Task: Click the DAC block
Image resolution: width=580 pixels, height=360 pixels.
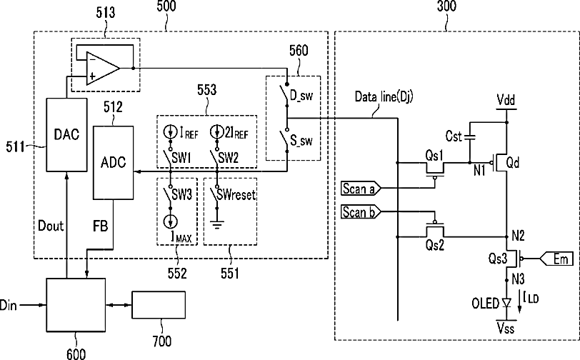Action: click(x=66, y=135)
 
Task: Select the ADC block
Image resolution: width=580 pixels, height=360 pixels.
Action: click(x=113, y=163)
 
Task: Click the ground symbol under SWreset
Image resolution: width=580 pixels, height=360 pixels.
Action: click(x=217, y=224)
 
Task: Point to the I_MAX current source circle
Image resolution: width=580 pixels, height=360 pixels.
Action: click(x=171, y=221)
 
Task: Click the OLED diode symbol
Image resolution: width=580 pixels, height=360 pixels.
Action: click(x=506, y=304)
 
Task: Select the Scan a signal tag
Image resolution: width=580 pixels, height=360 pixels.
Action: click(x=361, y=189)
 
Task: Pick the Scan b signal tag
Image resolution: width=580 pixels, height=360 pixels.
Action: click(x=361, y=212)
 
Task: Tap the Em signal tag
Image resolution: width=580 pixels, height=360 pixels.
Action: click(x=557, y=259)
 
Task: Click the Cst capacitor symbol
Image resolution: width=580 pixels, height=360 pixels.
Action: click(x=469, y=137)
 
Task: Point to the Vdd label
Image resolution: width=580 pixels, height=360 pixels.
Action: click(x=506, y=100)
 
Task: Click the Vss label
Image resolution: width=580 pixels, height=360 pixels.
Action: click(x=506, y=328)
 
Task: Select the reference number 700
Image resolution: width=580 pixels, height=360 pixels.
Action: click(x=162, y=341)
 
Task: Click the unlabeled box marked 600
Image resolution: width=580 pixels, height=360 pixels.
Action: click(x=76, y=305)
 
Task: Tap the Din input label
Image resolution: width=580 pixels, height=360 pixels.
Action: click(x=8, y=305)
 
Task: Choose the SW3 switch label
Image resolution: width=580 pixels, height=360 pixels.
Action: click(x=181, y=194)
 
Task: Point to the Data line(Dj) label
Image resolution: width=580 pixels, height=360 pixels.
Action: click(x=384, y=97)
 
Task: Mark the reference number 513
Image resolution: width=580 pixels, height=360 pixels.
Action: click(x=106, y=13)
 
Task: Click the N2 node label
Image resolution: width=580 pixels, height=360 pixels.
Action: click(x=518, y=236)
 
